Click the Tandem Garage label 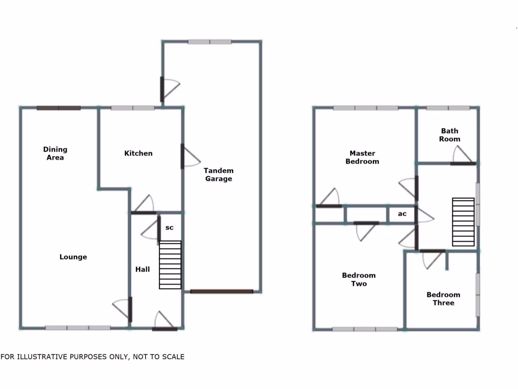coord(219,175)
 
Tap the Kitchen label coord(138,153)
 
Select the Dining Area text coord(55,153)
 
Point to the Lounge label coord(73,257)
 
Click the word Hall coord(142,269)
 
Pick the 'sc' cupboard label coord(169,228)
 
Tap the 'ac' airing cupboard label coord(402,214)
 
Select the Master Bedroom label coord(362,157)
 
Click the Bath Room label coord(450,135)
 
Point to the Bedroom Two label coord(359,280)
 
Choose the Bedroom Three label coord(443,299)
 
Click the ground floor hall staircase coord(170,265)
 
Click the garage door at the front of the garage coord(222,291)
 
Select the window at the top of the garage coord(209,42)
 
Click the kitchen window coord(133,108)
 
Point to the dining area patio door coord(59,108)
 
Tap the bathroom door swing coord(462,154)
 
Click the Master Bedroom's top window coord(366,108)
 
